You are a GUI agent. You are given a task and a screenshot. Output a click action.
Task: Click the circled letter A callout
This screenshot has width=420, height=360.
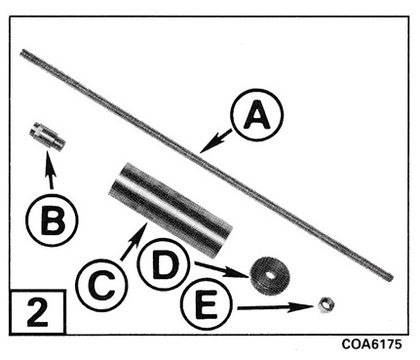[x=256, y=114]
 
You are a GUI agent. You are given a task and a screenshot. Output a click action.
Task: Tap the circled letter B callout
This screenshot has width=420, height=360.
[x=52, y=220]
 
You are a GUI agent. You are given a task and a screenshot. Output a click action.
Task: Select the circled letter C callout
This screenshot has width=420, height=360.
[x=101, y=285]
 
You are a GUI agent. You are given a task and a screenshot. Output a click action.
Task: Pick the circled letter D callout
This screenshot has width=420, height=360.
[x=164, y=264]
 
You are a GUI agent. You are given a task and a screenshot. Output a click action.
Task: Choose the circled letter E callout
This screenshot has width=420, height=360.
[x=207, y=306]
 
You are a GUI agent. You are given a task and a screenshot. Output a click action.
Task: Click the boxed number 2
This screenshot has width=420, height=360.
[x=38, y=312]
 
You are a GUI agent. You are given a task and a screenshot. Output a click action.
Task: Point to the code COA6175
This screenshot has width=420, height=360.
[x=371, y=344]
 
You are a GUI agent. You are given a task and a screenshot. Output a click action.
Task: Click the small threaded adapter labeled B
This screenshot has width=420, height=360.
[x=47, y=136]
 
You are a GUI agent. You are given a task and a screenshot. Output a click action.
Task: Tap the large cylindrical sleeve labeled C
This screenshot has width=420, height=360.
[x=171, y=210]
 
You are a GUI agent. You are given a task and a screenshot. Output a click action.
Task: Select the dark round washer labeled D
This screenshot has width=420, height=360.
[x=269, y=276]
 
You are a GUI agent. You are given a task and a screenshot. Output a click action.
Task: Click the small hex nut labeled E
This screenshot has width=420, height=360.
[x=325, y=305]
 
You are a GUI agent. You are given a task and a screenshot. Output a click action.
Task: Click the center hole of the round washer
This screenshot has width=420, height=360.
[x=270, y=275]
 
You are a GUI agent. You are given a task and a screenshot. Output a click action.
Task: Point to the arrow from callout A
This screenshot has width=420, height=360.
[x=215, y=141]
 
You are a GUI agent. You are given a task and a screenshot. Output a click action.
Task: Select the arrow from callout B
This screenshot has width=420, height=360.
[x=49, y=170]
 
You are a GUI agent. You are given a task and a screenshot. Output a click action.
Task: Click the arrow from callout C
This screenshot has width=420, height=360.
[x=134, y=241]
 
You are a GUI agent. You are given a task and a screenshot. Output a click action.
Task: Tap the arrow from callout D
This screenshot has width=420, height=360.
[x=222, y=269]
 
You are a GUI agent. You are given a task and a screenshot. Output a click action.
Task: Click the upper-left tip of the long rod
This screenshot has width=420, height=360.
[x=22, y=52]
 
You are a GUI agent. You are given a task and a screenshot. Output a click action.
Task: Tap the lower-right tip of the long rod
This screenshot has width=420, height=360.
[x=391, y=278]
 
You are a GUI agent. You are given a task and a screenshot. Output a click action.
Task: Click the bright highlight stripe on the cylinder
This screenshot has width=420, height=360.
[x=169, y=203]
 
